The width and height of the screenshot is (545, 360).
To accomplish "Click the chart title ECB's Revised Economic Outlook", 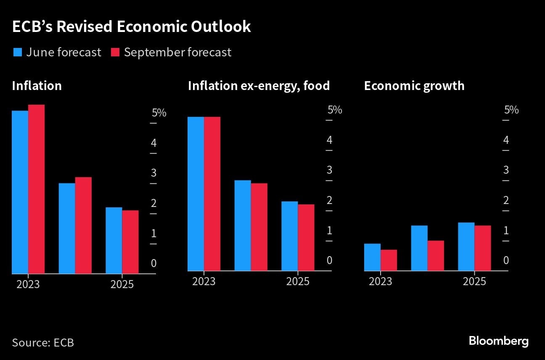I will click(x=131, y=26).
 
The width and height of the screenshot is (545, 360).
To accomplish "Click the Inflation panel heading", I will click(x=37, y=86).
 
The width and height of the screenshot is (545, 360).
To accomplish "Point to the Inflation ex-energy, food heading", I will click(x=258, y=86).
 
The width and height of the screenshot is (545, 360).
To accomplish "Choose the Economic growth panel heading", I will click(x=414, y=86).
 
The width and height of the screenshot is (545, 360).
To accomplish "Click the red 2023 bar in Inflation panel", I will click(x=36, y=189).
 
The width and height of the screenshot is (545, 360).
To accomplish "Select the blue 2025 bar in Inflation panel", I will click(x=114, y=240).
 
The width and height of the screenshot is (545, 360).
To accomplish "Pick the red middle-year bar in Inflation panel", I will click(x=83, y=225).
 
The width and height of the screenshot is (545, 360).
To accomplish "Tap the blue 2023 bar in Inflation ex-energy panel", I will click(x=196, y=193).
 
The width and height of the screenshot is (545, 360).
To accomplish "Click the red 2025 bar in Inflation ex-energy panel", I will click(x=306, y=237).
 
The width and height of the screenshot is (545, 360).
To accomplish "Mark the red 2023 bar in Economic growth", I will click(x=389, y=260).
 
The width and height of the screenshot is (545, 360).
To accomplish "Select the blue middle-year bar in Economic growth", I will click(x=419, y=248).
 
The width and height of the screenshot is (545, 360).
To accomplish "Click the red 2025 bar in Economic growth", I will click(x=482, y=248).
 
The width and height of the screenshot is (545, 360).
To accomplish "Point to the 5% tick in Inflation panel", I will click(x=159, y=113).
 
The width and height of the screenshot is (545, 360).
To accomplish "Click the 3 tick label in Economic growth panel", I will click(x=506, y=170).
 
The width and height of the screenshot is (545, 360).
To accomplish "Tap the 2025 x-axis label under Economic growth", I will click(x=474, y=281).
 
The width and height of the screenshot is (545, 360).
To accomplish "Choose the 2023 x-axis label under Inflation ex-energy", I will click(x=204, y=281).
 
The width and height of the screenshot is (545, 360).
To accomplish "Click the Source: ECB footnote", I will click(x=43, y=342).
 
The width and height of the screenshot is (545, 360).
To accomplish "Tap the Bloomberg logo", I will click(x=498, y=341).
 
